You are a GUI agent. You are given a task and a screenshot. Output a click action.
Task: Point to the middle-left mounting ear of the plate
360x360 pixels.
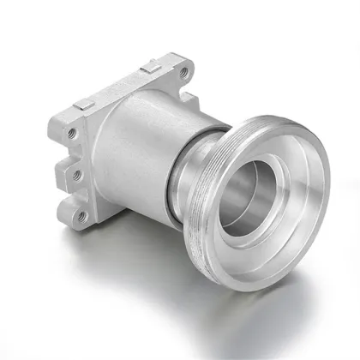coord(75,175)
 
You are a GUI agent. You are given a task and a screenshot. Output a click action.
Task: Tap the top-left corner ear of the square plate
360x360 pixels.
coord(69,129)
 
